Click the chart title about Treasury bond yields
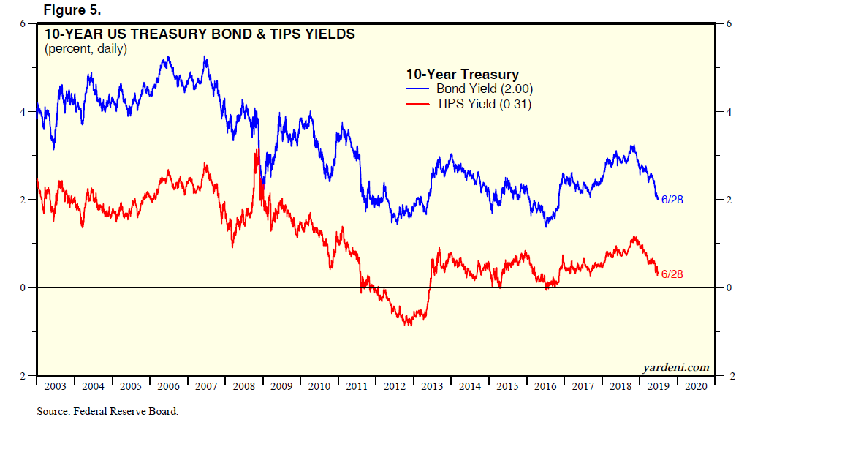point(200,34)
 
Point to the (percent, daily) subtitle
point(86,49)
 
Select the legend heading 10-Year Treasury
point(463,74)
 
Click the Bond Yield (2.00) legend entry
point(485,89)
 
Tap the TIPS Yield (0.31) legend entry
point(484,105)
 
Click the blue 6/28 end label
point(672,199)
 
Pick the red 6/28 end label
point(672,274)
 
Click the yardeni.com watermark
point(676,367)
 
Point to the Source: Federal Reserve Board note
point(107,411)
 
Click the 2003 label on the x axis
point(55,387)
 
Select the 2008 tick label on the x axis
point(243,387)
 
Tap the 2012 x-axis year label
point(395,387)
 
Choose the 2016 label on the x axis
point(545,387)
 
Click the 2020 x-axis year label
point(696,387)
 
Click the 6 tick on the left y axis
point(23,23)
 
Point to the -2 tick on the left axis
point(21,376)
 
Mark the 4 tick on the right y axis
point(727,112)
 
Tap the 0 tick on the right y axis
point(727,287)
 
